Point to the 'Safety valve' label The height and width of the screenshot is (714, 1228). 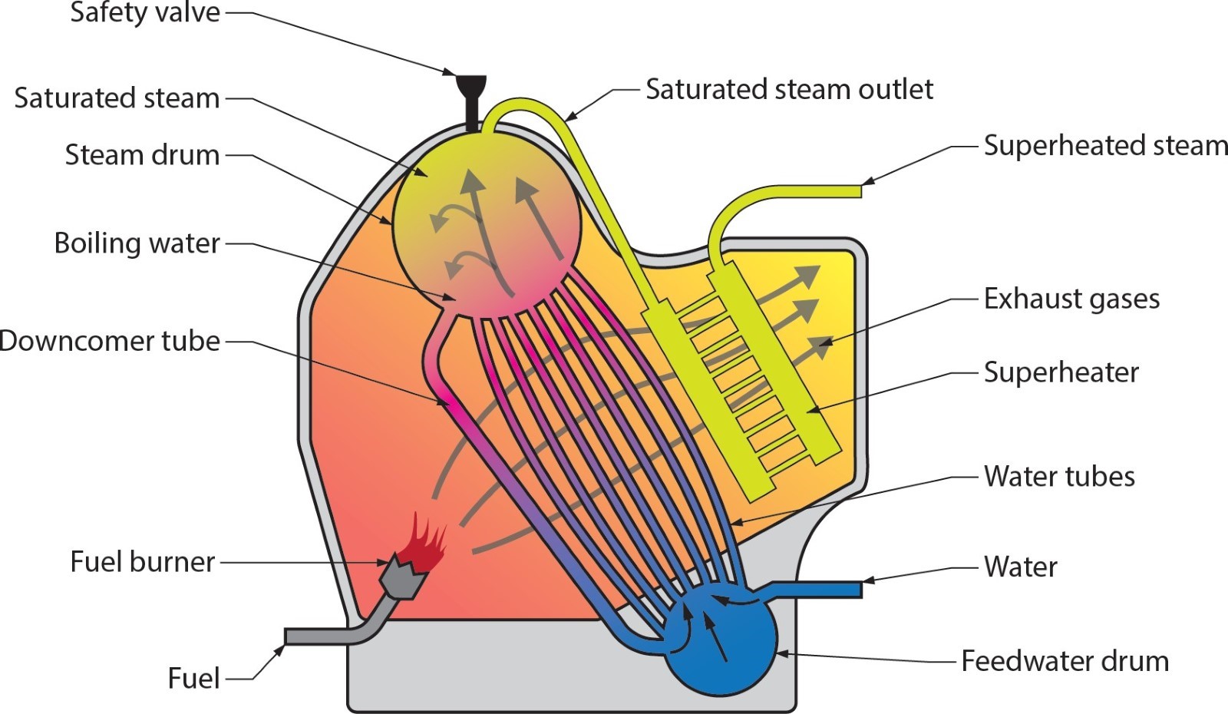click(145, 13)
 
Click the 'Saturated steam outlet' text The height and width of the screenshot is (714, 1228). click(789, 90)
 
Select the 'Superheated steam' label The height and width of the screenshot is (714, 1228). click(1105, 146)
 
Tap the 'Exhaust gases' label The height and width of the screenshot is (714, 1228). click(1071, 299)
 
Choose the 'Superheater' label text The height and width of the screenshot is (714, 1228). click(1061, 372)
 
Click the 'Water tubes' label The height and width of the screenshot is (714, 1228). click(1059, 477)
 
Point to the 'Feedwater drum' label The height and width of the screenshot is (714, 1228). click(1065, 661)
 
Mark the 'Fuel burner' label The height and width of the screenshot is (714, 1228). click(143, 562)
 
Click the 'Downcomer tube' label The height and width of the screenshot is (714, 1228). click(110, 341)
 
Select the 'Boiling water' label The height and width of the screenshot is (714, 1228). click(137, 243)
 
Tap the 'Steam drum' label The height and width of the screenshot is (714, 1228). click(143, 155)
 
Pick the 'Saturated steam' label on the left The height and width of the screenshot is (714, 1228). click(117, 98)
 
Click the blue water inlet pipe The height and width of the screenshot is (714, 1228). click(821, 590)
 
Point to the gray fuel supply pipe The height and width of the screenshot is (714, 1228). click(322, 636)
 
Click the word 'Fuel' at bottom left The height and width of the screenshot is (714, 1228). click(194, 679)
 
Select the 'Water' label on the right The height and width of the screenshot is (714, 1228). click(1020, 567)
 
